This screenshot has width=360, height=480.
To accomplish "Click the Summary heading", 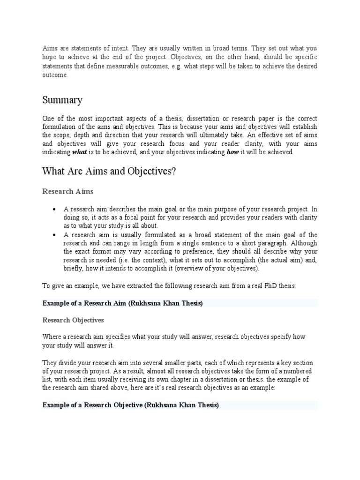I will [x=62, y=100].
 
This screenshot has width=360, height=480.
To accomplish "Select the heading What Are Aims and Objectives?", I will [x=109, y=171].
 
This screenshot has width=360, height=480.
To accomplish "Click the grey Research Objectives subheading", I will [x=73, y=320].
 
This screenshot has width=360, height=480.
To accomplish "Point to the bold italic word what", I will [x=78, y=152].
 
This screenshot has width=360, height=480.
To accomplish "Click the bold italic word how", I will [x=232, y=152].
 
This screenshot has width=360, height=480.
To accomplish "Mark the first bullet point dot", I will [x=55, y=209].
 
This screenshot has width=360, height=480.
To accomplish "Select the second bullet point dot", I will [x=55, y=235].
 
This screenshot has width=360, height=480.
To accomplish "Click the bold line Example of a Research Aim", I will [x=122, y=303].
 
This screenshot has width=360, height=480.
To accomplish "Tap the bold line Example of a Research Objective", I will [x=131, y=405].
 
